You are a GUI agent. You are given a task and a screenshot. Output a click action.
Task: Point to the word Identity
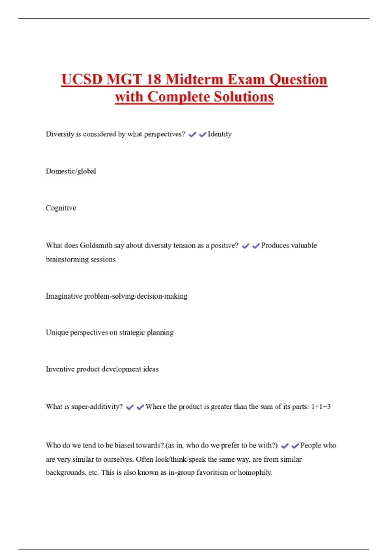pyautogui.click(x=220, y=134)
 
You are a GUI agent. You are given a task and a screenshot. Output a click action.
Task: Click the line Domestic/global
pyautogui.click(x=71, y=171)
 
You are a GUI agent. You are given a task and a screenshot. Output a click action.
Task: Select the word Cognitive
pyautogui.click(x=61, y=208)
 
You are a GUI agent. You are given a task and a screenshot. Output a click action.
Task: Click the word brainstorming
pyautogui.click(x=66, y=259)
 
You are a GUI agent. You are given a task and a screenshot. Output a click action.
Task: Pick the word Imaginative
pyautogui.click(x=64, y=296)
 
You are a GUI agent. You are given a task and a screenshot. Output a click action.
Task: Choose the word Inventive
pyautogui.click(x=60, y=369)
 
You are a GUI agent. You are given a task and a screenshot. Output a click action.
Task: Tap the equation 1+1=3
pyautogui.click(x=321, y=407)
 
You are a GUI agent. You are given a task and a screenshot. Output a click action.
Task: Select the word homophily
pyautogui.click(x=255, y=473)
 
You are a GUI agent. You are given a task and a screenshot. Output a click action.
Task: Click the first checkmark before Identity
pyautogui.click(x=192, y=135)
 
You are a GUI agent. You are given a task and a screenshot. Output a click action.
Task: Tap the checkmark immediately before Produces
pyautogui.click(x=256, y=246)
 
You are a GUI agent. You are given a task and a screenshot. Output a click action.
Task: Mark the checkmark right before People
pyautogui.click(x=295, y=446)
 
